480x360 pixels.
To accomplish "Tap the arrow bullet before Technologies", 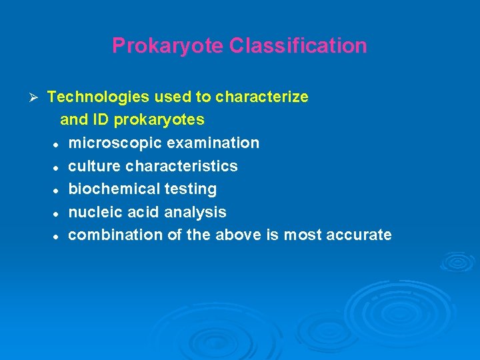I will [x=37, y=97].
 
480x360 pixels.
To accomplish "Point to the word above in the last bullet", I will [x=237, y=235].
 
